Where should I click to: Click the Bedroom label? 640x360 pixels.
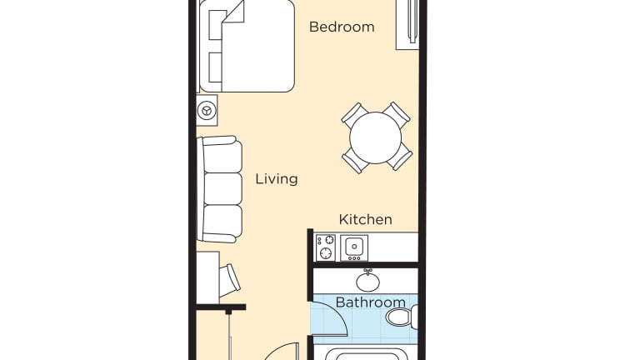[x=342, y=27]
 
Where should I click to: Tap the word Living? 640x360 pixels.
[x=277, y=179]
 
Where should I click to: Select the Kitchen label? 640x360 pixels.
[x=365, y=219]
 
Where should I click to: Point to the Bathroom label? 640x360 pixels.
[x=370, y=302]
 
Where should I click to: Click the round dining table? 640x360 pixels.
[x=376, y=138]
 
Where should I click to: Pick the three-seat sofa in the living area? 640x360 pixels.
[x=220, y=189]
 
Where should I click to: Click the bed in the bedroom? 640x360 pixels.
[x=247, y=46]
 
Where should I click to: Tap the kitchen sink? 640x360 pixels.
[x=354, y=247]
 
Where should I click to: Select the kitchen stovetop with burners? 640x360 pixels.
[x=325, y=247]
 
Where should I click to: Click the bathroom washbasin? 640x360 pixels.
[x=367, y=281]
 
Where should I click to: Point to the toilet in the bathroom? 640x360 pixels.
[x=402, y=317]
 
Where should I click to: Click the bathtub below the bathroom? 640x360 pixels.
[x=366, y=354]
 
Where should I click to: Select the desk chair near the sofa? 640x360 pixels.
[x=229, y=280]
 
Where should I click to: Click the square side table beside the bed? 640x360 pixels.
[x=207, y=111]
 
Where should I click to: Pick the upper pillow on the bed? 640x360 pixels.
[x=215, y=25]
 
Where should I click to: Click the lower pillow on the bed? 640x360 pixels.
[x=215, y=67]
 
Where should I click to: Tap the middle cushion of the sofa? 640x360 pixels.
[x=222, y=189]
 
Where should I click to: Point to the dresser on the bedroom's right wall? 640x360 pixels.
[x=407, y=24]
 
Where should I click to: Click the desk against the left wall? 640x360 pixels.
[x=207, y=277]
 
